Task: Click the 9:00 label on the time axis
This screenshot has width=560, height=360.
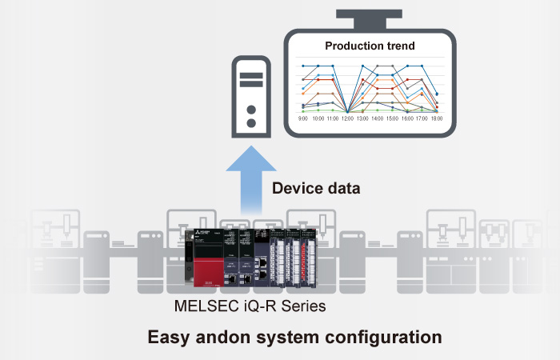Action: (x=303, y=118)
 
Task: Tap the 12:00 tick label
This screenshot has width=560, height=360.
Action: (x=347, y=118)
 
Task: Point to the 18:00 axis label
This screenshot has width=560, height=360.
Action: (x=436, y=118)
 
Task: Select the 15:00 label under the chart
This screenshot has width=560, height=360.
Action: (x=392, y=118)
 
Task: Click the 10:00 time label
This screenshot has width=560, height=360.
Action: (x=318, y=118)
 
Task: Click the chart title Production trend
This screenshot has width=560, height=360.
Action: (x=370, y=46)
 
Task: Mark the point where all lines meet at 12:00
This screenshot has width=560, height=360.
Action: (x=347, y=110)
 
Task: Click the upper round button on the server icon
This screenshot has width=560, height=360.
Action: (x=250, y=108)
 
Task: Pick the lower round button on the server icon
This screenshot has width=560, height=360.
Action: (x=250, y=123)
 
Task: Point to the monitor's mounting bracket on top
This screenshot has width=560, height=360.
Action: (x=370, y=14)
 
